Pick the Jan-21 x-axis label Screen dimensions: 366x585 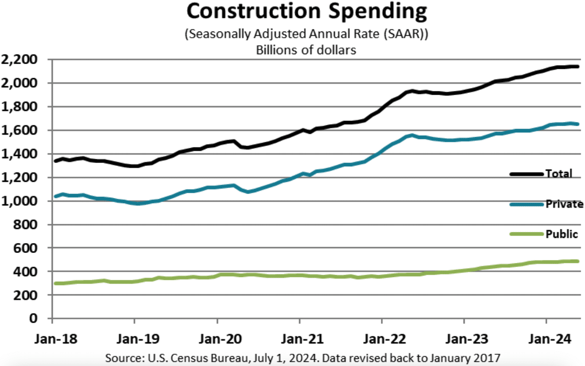pos(299,339)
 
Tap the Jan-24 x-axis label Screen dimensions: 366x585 pos(546,339)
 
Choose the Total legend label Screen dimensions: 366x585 pos(559,174)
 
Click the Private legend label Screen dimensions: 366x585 pos(564,204)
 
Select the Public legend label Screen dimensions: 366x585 pos(561,235)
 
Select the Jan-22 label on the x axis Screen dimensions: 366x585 pos(381,339)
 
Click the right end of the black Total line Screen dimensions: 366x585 pos(577,66)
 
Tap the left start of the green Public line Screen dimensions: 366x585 pos(56,283)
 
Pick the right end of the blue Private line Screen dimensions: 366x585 pos(577,124)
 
